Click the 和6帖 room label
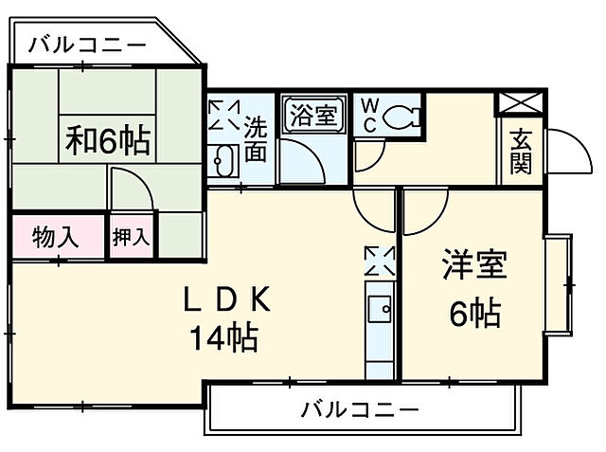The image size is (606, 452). tap(107, 140)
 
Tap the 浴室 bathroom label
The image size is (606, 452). tap(313, 116)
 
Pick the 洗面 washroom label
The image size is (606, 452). tap(256, 138)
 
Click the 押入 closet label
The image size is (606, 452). tap(133, 236)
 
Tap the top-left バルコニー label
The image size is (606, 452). tap(86, 44)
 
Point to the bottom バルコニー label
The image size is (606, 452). tap(360, 410)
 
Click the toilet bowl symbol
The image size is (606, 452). tap(401, 118)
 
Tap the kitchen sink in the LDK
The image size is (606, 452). tap(380, 310)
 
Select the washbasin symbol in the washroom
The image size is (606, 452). tap(223, 161)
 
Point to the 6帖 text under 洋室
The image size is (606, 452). tap(474, 314)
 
